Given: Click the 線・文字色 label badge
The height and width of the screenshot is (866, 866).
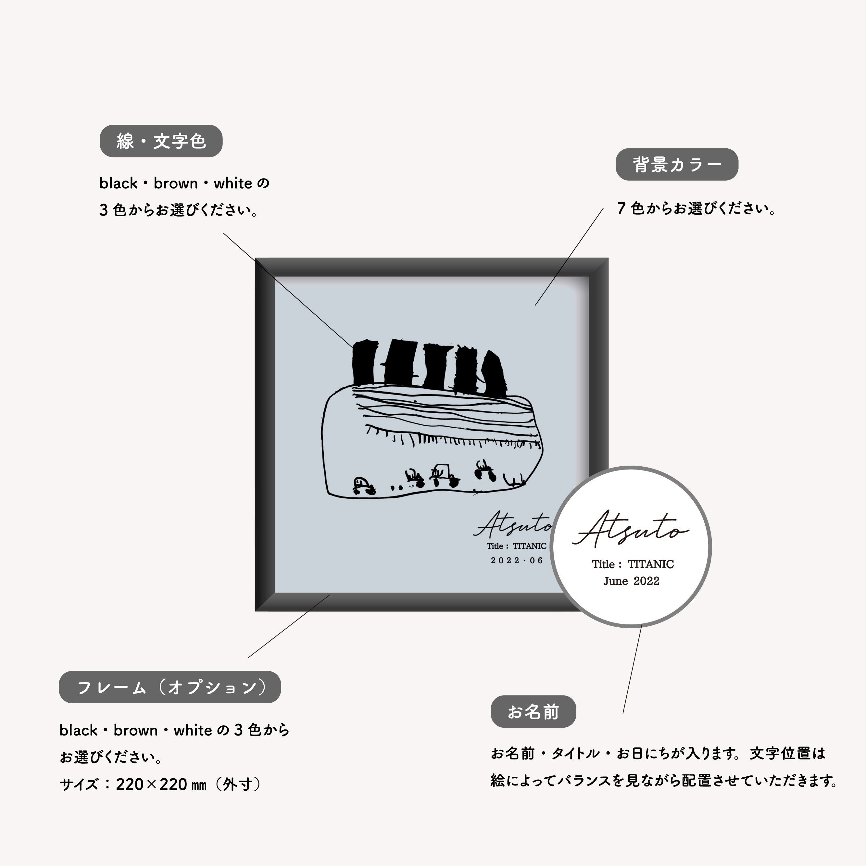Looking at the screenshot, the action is tap(161, 141).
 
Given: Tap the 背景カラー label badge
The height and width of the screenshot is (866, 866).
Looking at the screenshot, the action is tap(676, 165).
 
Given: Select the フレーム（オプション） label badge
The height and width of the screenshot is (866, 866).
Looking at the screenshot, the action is tap(170, 687).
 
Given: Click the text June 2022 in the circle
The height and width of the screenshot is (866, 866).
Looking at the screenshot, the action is tap(631, 581).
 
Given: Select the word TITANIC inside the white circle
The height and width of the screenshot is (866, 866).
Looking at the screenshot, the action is tap(650, 564).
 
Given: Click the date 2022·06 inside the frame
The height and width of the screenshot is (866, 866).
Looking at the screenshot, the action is tap(517, 560).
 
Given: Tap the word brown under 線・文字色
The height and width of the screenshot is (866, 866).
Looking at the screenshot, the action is tap(175, 183).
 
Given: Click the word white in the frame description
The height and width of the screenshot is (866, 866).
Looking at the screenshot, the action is tap(193, 730).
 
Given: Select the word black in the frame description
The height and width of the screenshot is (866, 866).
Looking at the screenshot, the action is tap(79, 730).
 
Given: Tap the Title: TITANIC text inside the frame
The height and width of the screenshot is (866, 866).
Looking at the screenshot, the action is tap(516, 546).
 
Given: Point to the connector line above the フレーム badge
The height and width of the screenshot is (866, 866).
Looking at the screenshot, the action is tap(289, 626).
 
